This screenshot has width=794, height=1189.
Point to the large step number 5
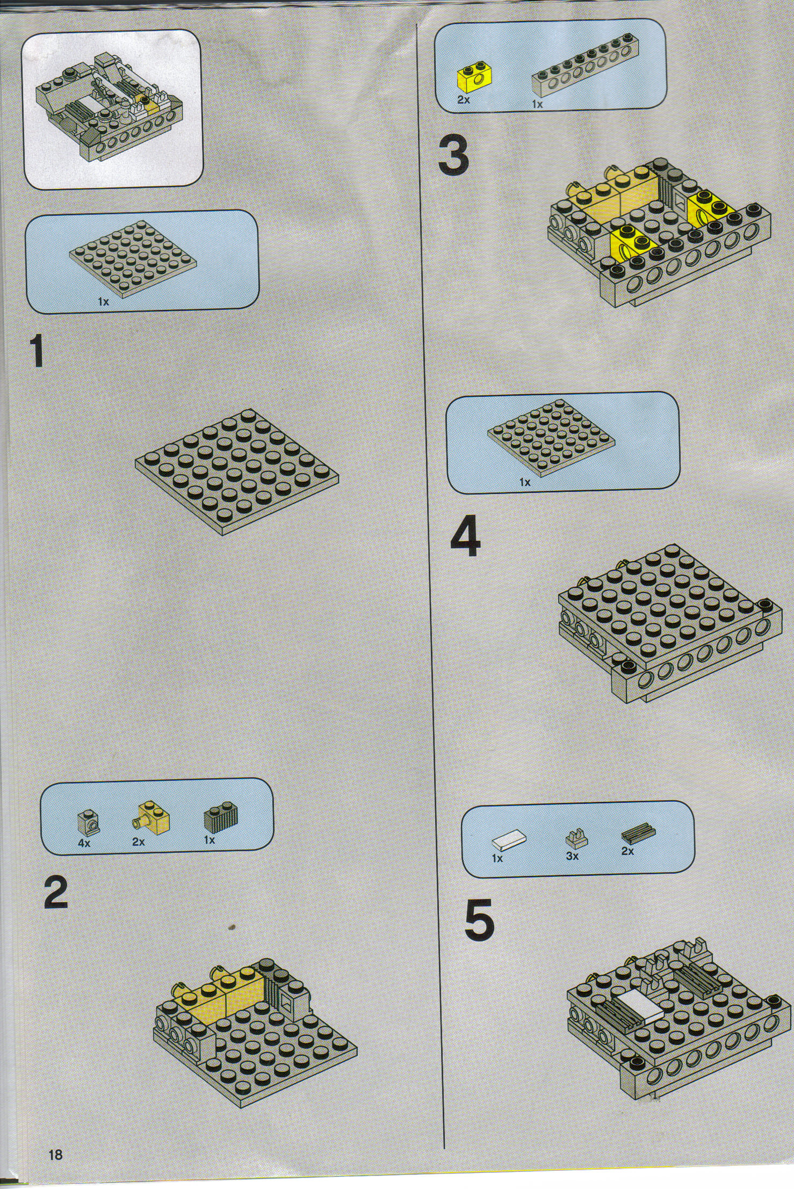(479, 923)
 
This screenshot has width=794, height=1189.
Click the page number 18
(55, 1151)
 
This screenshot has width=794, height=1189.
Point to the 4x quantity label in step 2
(84, 843)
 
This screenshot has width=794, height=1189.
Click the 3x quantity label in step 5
(572, 856)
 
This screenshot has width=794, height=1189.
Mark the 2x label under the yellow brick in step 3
(463, 100)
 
